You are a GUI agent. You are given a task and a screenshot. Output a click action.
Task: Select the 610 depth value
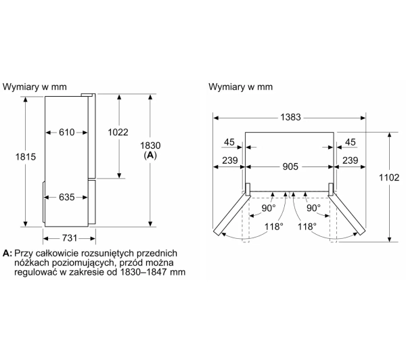click(x=66, y=132)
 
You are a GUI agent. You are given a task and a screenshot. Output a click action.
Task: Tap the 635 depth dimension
click(x=66, y=198)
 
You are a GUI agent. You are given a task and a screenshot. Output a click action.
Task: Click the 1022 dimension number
click(x=118, y=132)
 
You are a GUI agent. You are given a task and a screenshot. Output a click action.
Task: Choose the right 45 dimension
click(x=350, y=142)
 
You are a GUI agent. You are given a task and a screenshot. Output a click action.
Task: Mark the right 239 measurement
click(x=350, y=161)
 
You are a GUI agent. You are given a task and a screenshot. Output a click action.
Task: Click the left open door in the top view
click(x=230, y=213)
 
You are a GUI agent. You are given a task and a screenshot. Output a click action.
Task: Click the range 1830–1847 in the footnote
click(x=152, y=272)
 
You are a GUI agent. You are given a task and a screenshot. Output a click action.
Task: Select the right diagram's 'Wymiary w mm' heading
click(x=241, y=87)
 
